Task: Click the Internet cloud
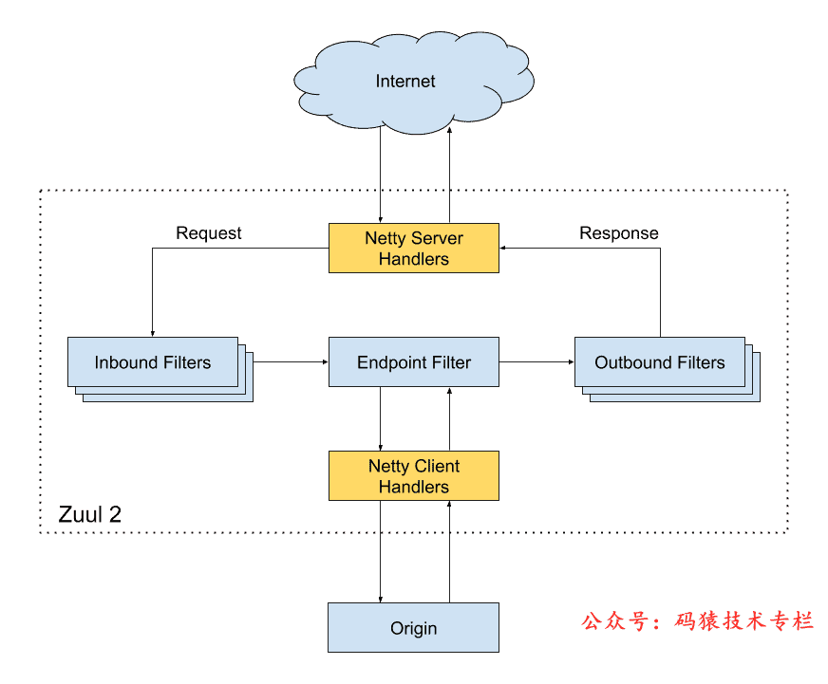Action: [405, 82]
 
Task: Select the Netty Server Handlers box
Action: [413, 248]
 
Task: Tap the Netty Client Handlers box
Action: [413, 476]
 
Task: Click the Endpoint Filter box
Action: [413, 361]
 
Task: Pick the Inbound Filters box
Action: [153, 361]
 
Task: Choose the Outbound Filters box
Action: [659, 361]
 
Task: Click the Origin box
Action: [413, 627]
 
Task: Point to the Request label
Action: [209, 232]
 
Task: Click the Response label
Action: [618, 232]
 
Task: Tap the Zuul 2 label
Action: [89, 514]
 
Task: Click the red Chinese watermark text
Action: [698, 621]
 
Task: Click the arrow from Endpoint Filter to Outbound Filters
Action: [536, 361]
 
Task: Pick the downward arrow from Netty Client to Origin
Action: [381, 551]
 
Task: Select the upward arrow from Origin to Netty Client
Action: [449, 551]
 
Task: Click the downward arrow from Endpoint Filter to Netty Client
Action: [381, 418]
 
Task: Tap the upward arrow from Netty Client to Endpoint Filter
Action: [449, 418]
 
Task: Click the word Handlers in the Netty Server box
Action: [413, 258]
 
